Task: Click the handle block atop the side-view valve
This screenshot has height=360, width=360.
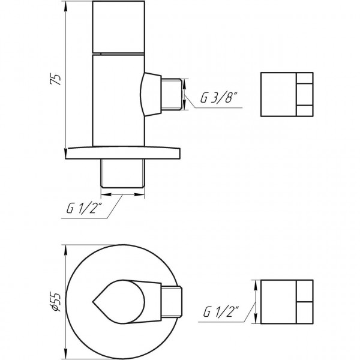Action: tap(118, 27)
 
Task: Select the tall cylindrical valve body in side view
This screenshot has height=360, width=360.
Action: tap(118, 99)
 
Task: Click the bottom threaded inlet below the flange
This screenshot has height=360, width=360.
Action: tap(122, 172)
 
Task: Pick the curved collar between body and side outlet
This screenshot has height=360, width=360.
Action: tap(150, 94)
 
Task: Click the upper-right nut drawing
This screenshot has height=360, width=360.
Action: tap(287, 94)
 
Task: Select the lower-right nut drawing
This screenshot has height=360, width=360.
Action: tap(287, 301)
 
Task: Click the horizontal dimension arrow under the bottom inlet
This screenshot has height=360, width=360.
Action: tap(122, 194)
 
